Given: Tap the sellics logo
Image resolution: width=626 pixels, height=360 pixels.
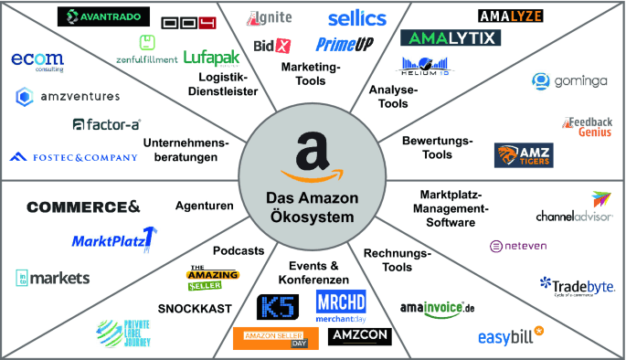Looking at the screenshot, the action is point(356,17).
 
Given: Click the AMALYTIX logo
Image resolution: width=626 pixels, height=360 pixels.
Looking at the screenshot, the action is point(449,37).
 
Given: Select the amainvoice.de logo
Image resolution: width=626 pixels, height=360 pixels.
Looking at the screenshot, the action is point(438,308).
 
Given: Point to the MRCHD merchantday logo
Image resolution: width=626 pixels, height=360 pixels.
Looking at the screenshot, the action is point(340,306).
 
